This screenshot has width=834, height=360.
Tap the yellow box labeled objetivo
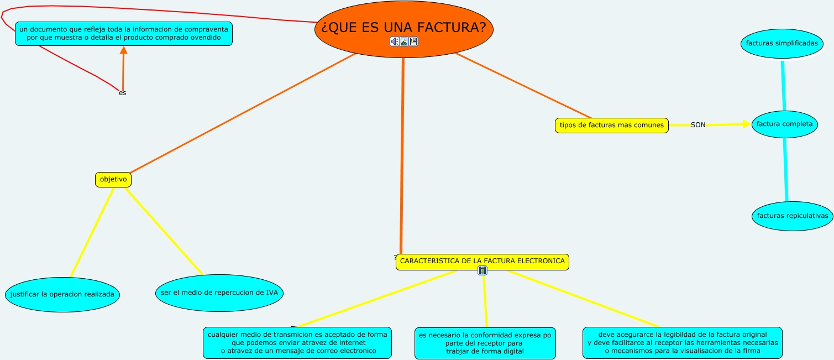click(x=113, y=180)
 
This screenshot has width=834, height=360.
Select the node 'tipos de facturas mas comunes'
click(x=611, y=126)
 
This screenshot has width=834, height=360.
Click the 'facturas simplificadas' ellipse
click(x=781, y=44)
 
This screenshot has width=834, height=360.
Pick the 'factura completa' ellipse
click(x=784, y=124)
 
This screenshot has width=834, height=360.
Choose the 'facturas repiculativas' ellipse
click(x=792, y=216)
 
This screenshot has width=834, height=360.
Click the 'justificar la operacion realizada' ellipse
click(x=62, y=295)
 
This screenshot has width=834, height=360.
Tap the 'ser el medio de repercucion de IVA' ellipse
click(x=219, y=293)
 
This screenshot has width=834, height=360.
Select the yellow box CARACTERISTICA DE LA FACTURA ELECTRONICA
click(x=482, y=261)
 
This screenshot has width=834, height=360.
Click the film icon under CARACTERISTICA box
click(x=483, y=270)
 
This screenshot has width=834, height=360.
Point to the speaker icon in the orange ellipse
click(x=394, y=41)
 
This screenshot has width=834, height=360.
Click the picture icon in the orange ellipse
click(x=404, y=41)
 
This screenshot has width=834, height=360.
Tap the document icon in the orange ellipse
click(x=413, y=41)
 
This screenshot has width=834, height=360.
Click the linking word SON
click(x=698, y=125)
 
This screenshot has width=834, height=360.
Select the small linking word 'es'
click(x=122, y=93)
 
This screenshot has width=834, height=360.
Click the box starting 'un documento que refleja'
click(x=124, y=34)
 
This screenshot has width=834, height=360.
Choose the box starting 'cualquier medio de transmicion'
click(x=297, y=342)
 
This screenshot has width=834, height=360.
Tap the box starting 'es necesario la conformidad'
click(x=485, y=343)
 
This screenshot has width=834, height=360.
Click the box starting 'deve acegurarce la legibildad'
click(x=682, y=342)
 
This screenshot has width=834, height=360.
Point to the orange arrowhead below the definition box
click(x=124, y=50)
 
